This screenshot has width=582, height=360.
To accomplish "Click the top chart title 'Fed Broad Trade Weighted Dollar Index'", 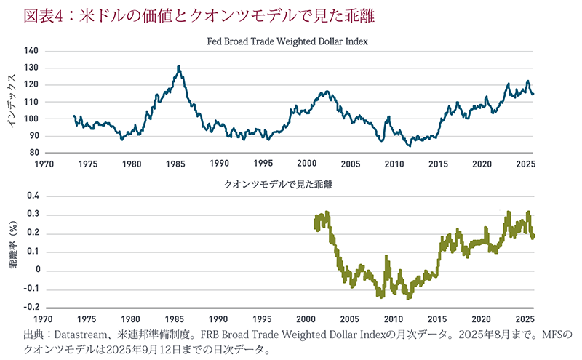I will coord(288,41).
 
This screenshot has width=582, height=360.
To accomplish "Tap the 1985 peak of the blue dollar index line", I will coord(178,67).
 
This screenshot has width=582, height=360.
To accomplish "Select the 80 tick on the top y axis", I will coord(32,153).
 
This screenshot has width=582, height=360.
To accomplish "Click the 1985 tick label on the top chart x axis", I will coord(175,164).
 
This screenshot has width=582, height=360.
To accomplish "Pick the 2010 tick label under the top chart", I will coord(394,164).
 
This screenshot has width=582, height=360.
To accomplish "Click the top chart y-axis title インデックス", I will coord(12,102).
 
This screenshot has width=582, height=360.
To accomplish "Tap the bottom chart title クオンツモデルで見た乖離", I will coord(288,184).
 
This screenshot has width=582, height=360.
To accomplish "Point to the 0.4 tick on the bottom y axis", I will coord(31,196).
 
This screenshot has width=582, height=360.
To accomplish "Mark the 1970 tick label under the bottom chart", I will coord(43,319).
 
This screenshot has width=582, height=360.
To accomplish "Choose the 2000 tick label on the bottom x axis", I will coord(306,319).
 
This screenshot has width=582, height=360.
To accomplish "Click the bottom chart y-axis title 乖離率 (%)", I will coord(12,252).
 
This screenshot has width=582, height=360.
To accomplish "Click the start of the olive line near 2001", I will coord(315,222).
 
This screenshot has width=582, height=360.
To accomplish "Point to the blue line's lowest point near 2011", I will coord(409,145).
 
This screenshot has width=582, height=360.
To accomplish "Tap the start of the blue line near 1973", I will coord(74,116).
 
